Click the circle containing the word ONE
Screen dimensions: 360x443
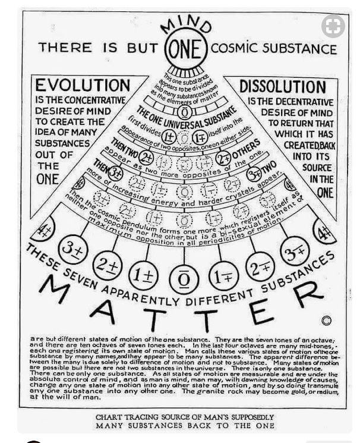[184, 47]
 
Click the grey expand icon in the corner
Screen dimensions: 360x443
[333, 26]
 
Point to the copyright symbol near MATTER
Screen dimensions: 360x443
[326, 321]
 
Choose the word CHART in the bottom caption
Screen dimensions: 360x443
[113, 417]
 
